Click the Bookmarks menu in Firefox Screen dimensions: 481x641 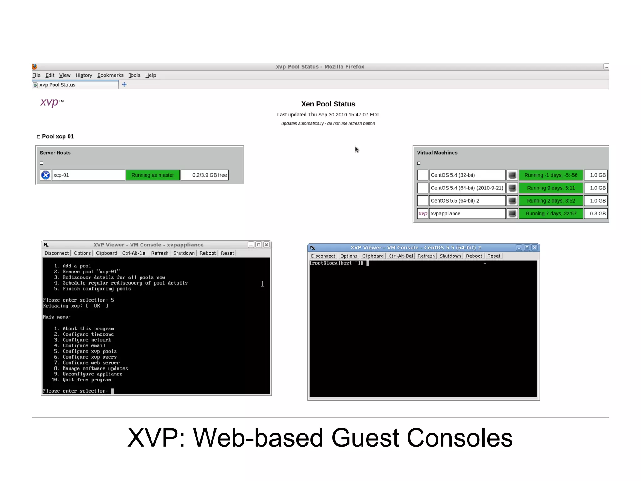110,75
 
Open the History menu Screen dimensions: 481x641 84,75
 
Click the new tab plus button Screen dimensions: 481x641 124,85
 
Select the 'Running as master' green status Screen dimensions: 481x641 152,175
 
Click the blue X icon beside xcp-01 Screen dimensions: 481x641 46,175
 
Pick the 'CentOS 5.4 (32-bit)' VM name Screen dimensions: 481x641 453,175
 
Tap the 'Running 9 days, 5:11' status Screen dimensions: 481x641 551,188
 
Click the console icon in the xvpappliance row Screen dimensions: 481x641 512,214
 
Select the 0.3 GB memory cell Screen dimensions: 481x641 597,214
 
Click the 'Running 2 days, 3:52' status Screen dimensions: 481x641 551,201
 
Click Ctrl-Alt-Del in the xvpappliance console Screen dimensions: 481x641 134,253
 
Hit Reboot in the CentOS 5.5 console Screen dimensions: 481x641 474,256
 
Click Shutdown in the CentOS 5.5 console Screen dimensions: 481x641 450,256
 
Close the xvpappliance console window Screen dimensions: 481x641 266,245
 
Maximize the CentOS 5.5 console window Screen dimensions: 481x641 527,248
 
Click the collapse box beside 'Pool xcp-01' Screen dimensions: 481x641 38,137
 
